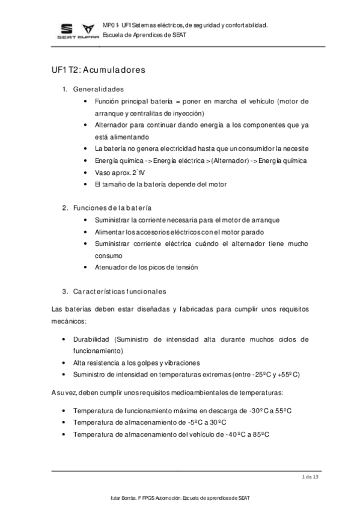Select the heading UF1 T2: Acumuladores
coord(99,70)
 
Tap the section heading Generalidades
coord(98,90)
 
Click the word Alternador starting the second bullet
coord(111,125)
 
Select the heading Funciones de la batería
coord(112,207)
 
